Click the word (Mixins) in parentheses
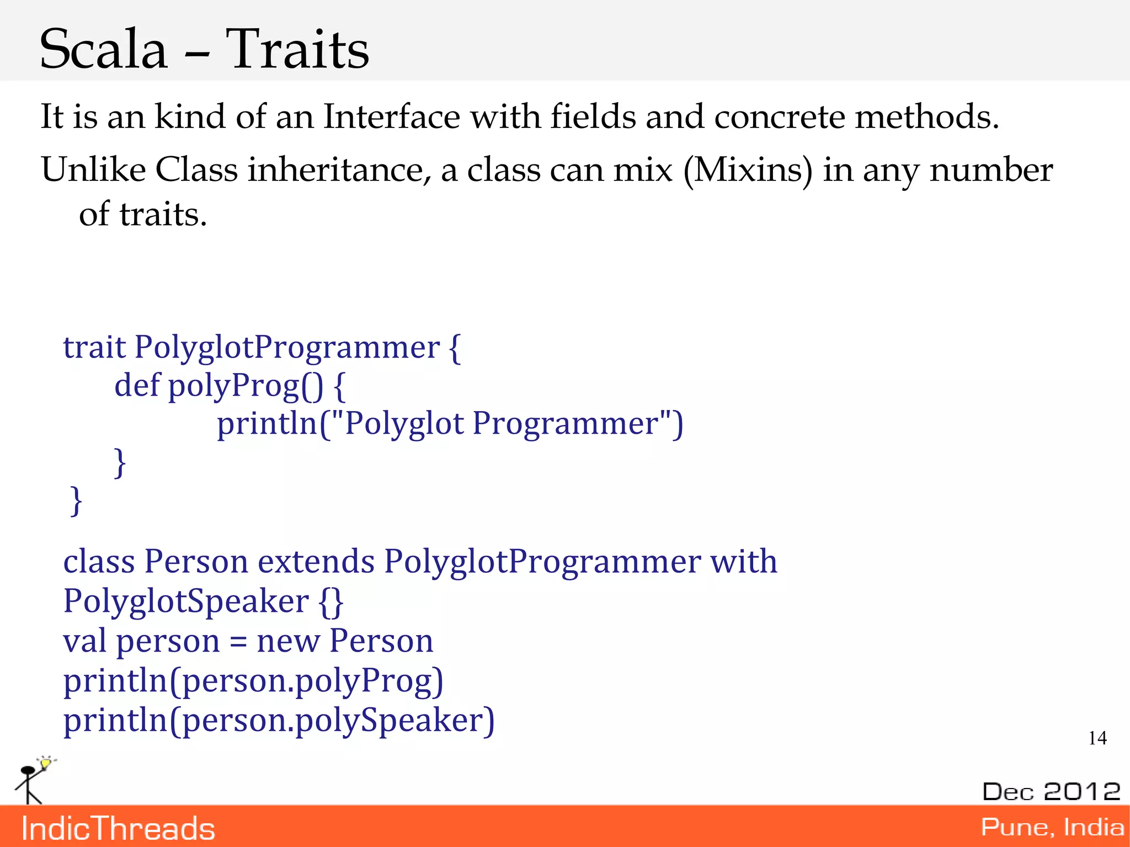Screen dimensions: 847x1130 (x=748, y=170)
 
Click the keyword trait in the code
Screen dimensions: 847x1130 (x=94, y=347)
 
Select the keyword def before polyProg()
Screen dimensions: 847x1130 (x=136, y=385)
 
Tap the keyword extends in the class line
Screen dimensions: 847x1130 (x=316, y=562)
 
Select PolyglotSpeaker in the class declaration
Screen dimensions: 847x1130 (x=186, y=601)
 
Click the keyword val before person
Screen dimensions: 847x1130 (x=84, y=641)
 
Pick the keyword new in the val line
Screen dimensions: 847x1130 (x=288, y=642)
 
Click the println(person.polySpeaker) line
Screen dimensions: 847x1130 (x=279, y=721)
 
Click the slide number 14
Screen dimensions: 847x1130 (x=1097, y=738)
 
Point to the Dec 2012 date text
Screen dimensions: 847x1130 (x=1051, y=791)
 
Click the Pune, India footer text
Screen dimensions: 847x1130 (x=1052, y=827)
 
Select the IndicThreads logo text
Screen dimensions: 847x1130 (x=118, y=829)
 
